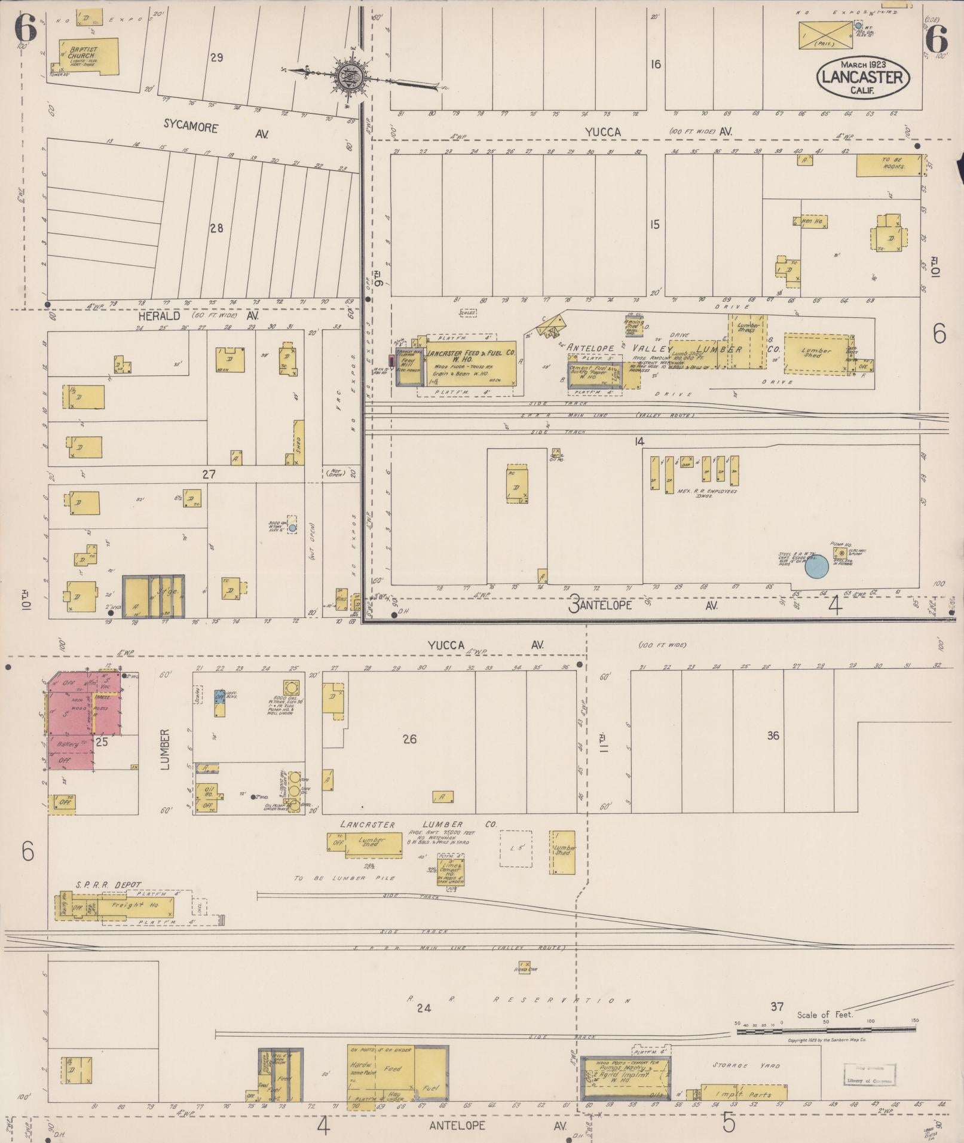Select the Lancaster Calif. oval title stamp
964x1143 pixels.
863,76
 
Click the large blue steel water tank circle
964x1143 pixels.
816,566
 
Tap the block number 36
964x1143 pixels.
773,736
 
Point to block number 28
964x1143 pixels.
216,228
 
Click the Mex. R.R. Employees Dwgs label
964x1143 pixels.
707,494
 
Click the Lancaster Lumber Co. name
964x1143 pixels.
418,825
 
